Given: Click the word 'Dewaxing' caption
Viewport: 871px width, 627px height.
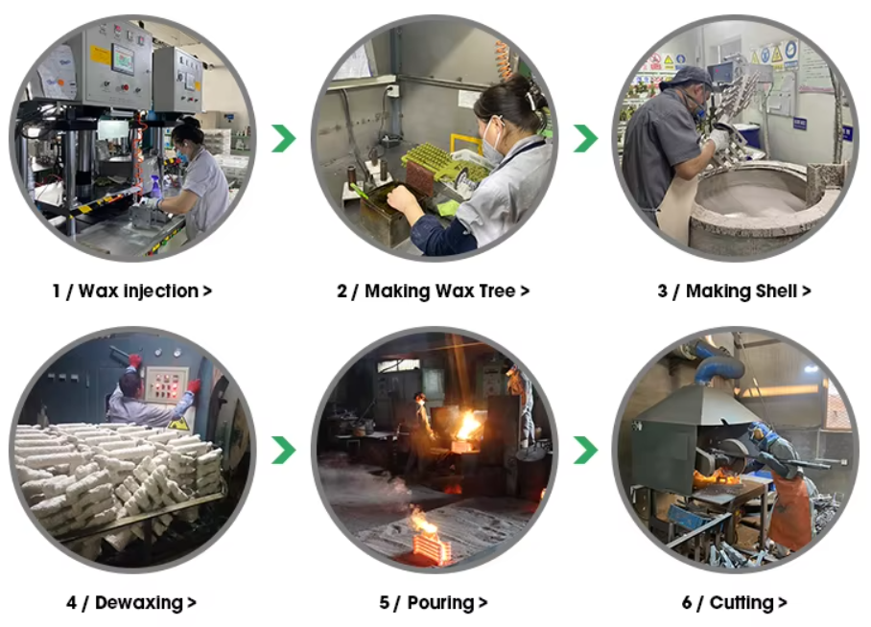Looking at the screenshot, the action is click(139, 603).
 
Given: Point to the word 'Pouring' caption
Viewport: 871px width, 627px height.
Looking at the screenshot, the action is click(440, 603).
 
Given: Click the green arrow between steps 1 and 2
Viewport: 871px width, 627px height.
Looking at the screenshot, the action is click(284, 138).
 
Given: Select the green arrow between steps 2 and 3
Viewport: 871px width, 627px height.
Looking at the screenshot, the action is click(585, 138).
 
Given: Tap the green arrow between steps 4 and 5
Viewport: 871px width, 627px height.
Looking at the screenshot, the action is click(284, 451).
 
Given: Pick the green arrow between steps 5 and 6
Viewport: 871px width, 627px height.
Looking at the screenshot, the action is click(585, 451).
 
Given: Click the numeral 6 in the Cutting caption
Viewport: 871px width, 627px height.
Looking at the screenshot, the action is click(687, 603).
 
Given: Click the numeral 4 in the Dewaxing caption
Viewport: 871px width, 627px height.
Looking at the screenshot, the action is click(72, 603).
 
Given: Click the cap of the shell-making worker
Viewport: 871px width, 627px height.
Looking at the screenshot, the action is click(688, 77).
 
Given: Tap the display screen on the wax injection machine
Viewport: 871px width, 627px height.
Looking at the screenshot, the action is click(124, 58).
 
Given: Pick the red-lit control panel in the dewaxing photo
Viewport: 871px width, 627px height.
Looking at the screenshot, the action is click(164, 383).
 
